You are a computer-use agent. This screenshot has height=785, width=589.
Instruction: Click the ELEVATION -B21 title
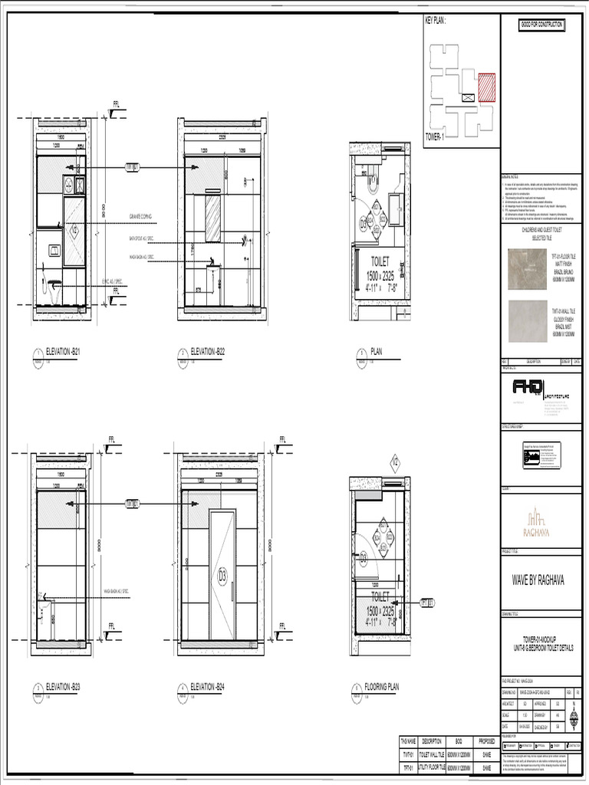tap(64, 352)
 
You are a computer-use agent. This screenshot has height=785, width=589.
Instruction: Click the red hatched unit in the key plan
tap(486, 87)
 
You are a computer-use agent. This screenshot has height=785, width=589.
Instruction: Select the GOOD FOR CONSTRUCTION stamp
tap(542, 25)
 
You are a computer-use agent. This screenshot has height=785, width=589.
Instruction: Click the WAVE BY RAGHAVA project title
tap(538, 580)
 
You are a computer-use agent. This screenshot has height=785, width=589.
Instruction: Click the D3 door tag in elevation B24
tap(223, 573)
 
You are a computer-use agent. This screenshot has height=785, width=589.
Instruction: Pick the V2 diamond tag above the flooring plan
tap(396, 462)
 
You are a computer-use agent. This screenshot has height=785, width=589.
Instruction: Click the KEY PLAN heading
tap(436, 21)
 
